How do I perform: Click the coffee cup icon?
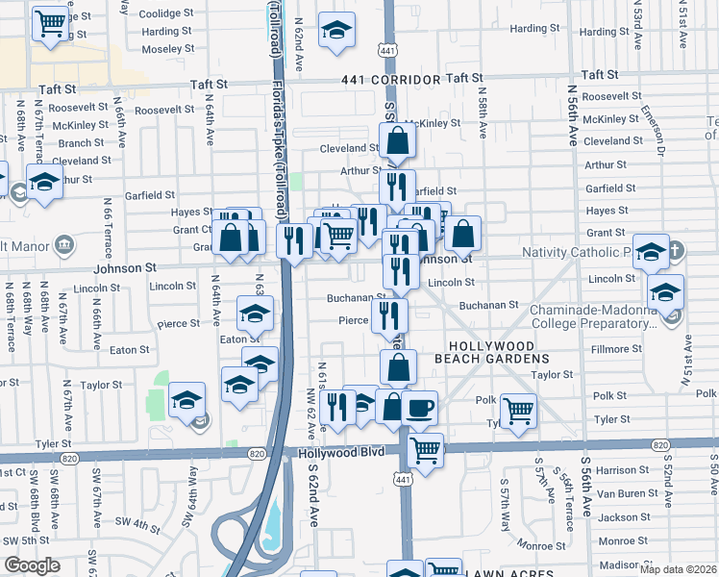point(419,408)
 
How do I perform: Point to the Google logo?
point(32,565)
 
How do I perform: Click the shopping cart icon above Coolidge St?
point(50,22)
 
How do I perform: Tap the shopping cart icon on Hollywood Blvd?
point(424,449)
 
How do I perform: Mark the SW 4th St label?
point(139,525)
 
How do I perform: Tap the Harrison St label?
point(623,470)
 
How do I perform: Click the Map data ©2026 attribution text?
point(678,569)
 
